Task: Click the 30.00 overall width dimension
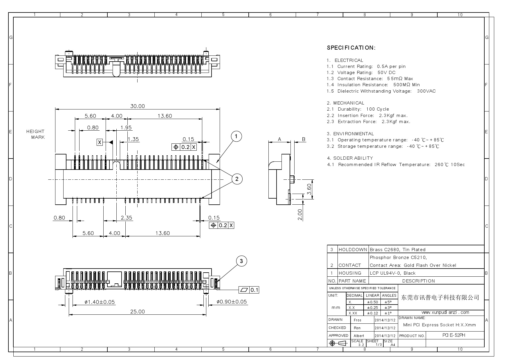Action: pyautogui.click(x=137, y=106)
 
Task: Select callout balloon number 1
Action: pyautogui.click(x=237, y=136)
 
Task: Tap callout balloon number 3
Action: pyautogui.click(x=241, y=261)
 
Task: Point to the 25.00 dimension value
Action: pyautogui.click(x=137, y=312)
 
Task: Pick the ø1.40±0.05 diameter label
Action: pyautogui.click(x=100, y=302)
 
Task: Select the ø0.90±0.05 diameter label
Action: pyautogui.click(x=232, y=302)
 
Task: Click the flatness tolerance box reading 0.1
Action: pyautogui.click(x=249, y=290)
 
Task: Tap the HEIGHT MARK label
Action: pyautogui.click(x=36, y=134)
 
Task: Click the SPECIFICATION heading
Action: pyautogui.click(x=351, y=48)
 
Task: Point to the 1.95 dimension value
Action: pyautogui.click(x=126, y=127)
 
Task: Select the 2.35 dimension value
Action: pyautogui.click(x=126, y=218)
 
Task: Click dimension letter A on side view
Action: pyautogui.click(x=279, y=139)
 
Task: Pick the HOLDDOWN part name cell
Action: pyautogui.click(x=353, y=249)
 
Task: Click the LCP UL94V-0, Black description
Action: pyautogui.click(x=393, y=273)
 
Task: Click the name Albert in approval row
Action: pyautogui.click(x=359, y=336)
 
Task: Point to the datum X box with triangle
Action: pyautogui.click(x=100, y=142)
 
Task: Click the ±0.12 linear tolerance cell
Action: pyautogui.click(x=372, y=313)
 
